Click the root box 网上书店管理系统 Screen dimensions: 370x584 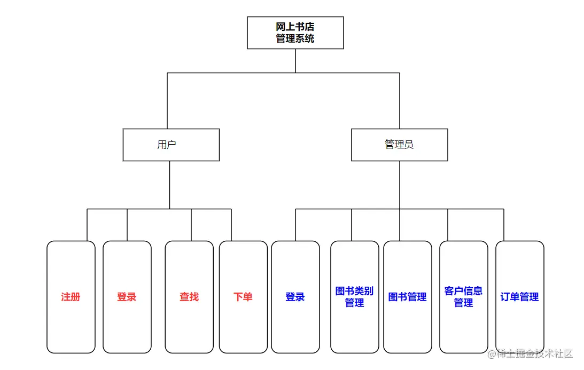[x=295, y=33]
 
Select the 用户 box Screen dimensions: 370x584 [x=171, y=145]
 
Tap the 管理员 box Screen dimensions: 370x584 [x=399, y=145]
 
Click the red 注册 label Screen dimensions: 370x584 [x=71, y=297]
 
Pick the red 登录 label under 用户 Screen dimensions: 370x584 [x=127, y=297]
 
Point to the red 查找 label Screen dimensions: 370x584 [x=189, y=297]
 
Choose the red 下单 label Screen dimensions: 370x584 [x=243, y=297]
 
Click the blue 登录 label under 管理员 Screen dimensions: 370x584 [x=295, y=297]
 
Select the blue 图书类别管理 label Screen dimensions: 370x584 [x=354, y=297]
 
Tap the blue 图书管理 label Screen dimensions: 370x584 [x=407, y=297]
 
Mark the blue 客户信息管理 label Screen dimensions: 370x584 [x=463, y=297]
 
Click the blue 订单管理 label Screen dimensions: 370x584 [x=519, y=297]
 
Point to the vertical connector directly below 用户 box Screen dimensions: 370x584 [x=170, y=184]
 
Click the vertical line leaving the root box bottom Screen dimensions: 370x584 [x=295, y=60]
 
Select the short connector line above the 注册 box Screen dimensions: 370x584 [x=87, y=225]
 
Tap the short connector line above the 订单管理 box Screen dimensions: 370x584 [x=504, y=225]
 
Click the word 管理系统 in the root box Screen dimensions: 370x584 [x=295, y=38]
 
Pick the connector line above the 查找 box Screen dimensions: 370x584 [x=191, y=225]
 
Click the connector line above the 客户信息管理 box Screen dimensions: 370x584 [x=448, y=225]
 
